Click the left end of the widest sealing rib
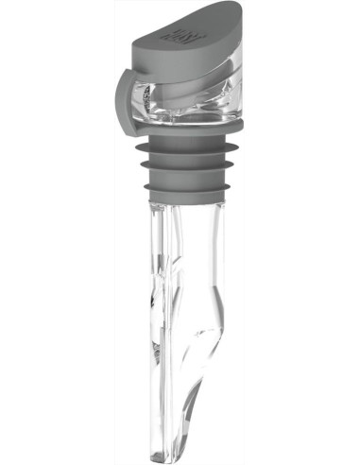click(133, 149)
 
